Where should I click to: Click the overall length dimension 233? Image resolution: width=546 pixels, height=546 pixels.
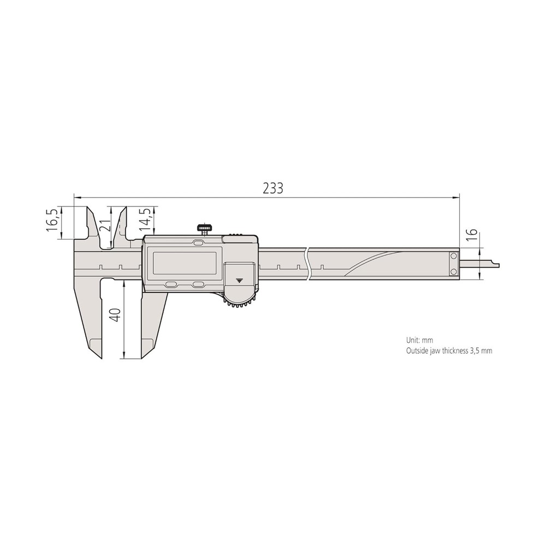coord(272,188)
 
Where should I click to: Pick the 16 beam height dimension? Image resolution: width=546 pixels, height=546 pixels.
coord(473,235)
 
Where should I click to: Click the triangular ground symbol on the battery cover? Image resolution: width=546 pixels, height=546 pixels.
coord(239,281)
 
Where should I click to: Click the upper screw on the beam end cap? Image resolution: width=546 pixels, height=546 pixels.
coord(453,256)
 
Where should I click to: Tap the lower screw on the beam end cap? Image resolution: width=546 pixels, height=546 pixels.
coord(453,272)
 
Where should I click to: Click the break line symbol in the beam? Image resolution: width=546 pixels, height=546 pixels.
coord(309,263)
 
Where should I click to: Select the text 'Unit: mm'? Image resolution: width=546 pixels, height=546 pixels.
coord(419,340)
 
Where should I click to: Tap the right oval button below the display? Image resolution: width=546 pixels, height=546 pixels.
coord(198,284)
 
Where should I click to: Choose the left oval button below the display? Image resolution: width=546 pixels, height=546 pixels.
coord(171,284)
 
